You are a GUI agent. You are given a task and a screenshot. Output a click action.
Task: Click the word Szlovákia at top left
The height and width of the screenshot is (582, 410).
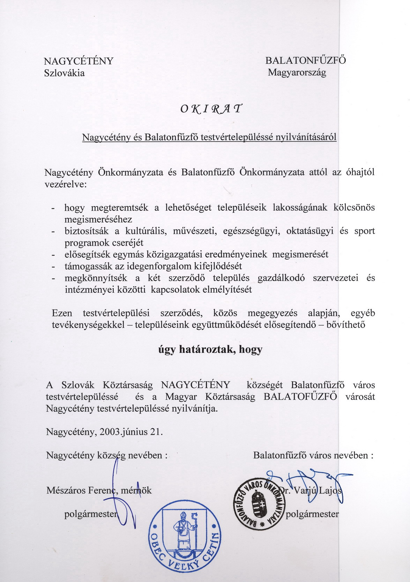64,73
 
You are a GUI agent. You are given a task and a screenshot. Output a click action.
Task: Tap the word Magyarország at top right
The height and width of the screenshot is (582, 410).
297,73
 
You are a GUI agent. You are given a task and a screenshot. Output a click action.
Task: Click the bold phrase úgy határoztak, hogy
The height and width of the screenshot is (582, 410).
210,349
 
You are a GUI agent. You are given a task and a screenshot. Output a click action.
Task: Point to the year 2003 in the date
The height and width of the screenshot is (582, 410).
110,432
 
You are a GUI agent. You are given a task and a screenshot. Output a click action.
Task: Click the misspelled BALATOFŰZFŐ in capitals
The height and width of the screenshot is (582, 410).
300,397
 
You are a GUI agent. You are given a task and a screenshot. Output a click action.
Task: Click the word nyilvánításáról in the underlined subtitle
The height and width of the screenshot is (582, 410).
306,137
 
